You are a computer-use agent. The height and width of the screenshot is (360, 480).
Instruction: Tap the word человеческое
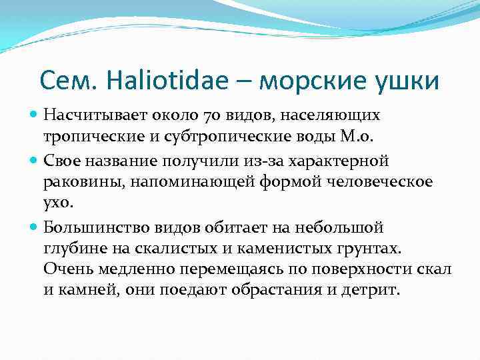pos(375,181)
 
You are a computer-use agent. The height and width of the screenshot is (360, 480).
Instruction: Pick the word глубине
pos(75,249)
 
